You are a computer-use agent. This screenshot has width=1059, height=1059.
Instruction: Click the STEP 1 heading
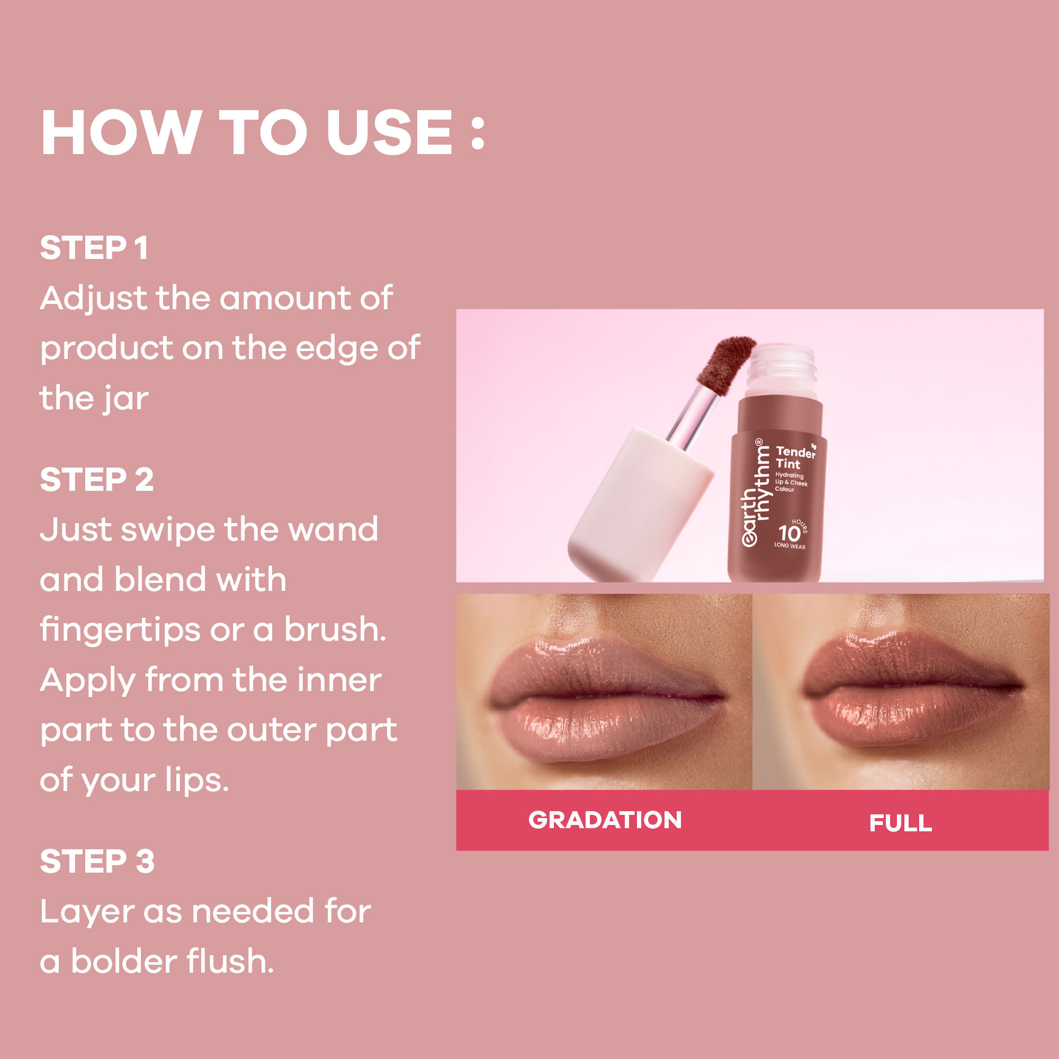click(x=94, y=248)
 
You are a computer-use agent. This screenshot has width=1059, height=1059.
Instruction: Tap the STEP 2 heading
click(x=96, y=480)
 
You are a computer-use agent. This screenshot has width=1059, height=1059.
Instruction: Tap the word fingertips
click(x=120, y=630)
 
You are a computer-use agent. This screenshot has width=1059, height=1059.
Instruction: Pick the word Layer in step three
click(x=87, y=912)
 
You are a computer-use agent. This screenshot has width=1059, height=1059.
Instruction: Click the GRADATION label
click(x=605, y=820)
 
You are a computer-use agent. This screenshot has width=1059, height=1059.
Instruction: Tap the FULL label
click(x=900, y=823)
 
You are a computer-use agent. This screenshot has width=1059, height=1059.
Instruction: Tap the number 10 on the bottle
click(x=789, y=533)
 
